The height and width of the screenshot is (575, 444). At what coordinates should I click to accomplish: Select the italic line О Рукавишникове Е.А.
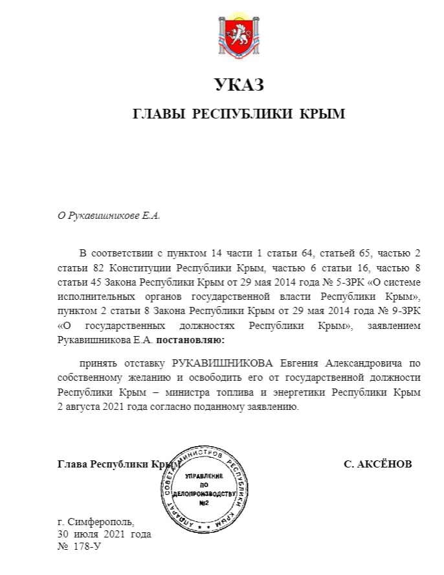109,216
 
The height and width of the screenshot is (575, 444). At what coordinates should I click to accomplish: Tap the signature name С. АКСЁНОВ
377,464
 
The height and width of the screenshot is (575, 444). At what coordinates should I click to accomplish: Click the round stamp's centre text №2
204,502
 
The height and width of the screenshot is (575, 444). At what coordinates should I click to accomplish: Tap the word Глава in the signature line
72,464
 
